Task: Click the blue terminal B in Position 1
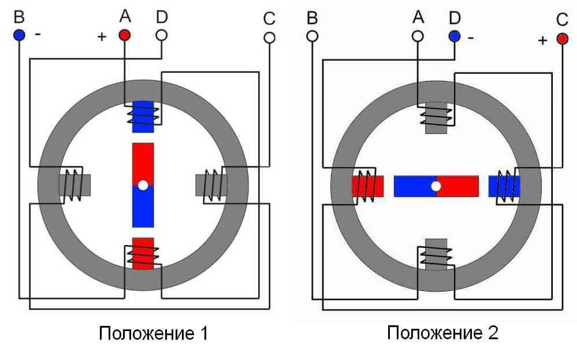pyautogui.click(x=19, y=35)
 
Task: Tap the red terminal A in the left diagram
pyautogui.click(x=125, y=35)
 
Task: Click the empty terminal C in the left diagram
pyautogui.click(x=268, y=38)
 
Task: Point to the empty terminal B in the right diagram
pyautogui.click(x=312, y=36)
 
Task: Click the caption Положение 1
pyautogui.click(x=153, y=333)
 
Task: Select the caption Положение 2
pyautogui.click(x=442, y=333)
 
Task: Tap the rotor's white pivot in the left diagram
pyautogui.click(x=143, y=185)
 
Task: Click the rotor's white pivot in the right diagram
pyautogui.click(x=436, y=186)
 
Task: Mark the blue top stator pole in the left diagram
pyautogui.click(x=143, y=113)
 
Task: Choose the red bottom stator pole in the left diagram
pyautogui.click(x=143, y=253)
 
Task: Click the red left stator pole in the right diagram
pyautogui.click(x=368, y=185)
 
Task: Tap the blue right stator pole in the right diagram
pyautogui.click(x=504, y=185)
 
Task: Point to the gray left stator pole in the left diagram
pyautogui.click(x=75, y=185)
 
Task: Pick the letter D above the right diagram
pyautogui.click(x=455, y=18)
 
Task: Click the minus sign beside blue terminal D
pyautogui.click(x=471, y=38)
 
